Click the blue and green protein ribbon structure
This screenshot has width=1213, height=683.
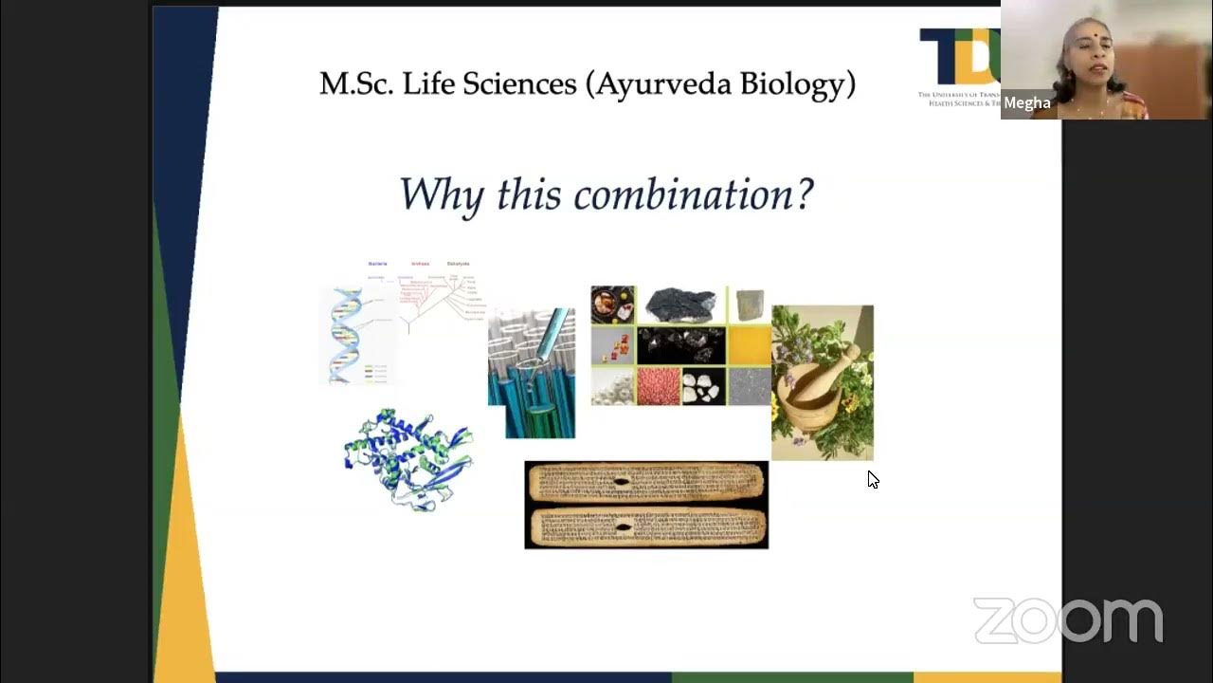(408, 459)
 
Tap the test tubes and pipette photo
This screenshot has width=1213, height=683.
(532, 372)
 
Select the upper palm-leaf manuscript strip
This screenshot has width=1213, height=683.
(646, 483)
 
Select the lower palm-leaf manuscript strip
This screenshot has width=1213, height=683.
(646, 526)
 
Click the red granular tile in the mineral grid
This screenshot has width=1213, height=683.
(658, 387)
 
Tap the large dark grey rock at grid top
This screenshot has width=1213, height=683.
(680, 305)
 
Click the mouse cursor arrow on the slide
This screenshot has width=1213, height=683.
(872, 479)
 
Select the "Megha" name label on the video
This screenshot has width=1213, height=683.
(1026, 103)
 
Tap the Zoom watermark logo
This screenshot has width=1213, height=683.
(1068, 621)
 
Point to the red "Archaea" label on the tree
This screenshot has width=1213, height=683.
(419, 264)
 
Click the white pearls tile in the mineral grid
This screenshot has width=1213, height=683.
(612, 387)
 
